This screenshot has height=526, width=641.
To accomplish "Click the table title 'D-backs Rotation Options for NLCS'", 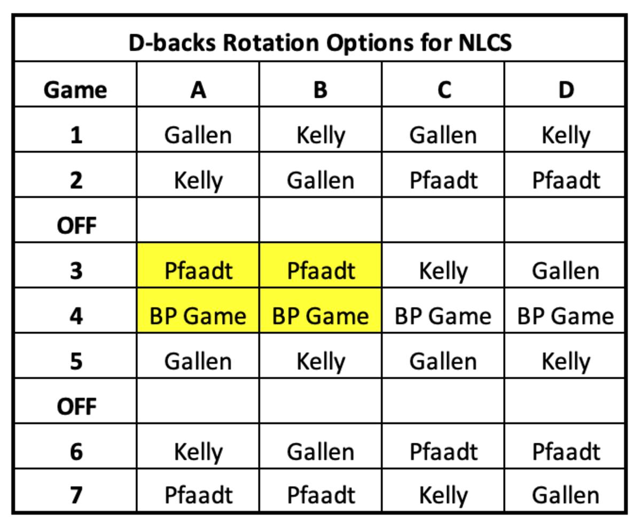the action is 320,43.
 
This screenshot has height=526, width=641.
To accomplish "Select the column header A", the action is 198,90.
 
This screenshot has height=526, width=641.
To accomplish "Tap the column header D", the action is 566,90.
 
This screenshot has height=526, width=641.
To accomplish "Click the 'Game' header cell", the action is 75,90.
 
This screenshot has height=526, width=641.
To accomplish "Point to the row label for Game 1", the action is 76,135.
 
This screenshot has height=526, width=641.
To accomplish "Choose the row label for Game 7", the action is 76,495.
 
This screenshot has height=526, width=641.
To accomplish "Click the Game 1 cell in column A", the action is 198,135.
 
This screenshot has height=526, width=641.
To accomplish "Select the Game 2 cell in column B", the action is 320,180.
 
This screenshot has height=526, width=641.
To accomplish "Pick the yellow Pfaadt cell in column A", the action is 198,271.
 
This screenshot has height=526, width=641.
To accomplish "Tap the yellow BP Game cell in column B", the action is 320,316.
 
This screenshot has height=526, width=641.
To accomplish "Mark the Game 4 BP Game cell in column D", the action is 565,316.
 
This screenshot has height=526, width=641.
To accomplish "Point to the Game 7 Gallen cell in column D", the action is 565,495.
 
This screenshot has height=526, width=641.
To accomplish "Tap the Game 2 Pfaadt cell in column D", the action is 566,180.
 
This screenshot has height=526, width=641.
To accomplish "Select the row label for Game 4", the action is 76,316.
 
